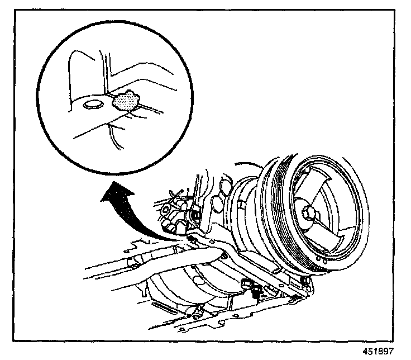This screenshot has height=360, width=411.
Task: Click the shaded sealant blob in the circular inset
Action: click(126, 101)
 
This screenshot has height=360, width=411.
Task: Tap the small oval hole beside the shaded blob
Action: click(93, 105)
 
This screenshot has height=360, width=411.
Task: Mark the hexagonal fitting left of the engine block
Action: click(167, 212)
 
